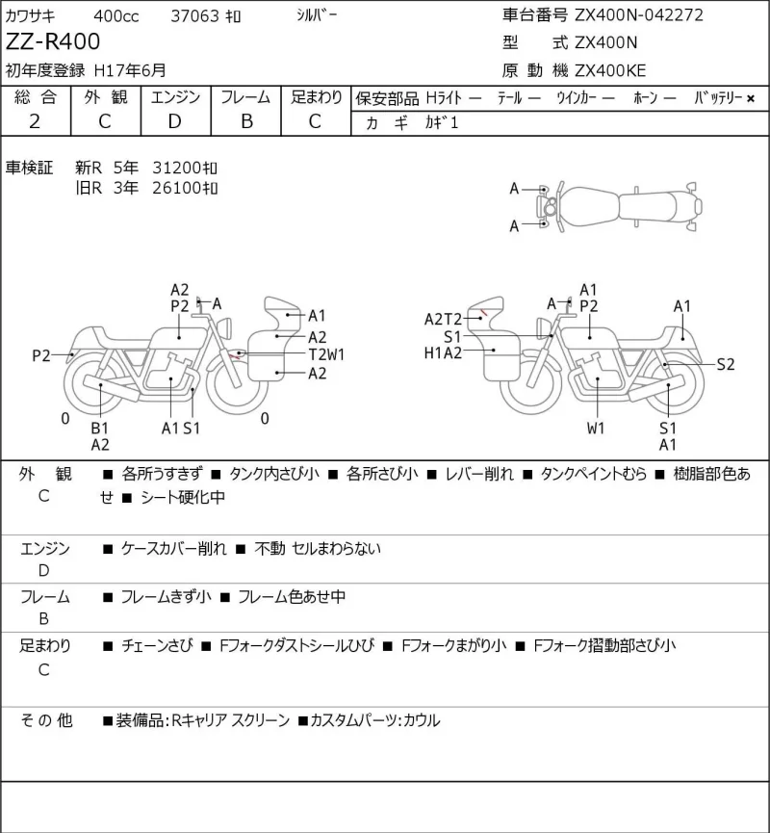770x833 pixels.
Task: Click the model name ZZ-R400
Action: coord(53,41)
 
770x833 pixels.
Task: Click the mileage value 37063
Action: coord(194,16)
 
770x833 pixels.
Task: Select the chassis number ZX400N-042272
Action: coord(639,14)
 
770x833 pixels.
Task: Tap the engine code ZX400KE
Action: coord(610,70)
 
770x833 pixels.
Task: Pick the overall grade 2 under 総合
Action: coord(35,121)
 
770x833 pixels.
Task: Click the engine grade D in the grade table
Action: coord(175,121)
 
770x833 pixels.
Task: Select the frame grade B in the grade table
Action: coord(246,121)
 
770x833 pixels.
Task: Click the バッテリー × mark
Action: coord(751,98)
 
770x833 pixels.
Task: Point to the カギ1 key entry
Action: coord(441,122)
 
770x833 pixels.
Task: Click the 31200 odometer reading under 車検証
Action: coord(184,168)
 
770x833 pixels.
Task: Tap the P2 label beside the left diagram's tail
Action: coord(40,355)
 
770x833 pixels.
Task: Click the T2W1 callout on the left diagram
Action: coord(326,354)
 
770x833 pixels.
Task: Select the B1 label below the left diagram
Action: coord(99,428)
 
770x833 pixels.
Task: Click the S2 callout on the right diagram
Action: coord(726,364)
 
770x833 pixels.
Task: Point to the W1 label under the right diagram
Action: coord(596,428)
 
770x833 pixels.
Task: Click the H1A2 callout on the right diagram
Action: coord(443,352)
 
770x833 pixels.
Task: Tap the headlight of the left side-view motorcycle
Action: coord(224,326)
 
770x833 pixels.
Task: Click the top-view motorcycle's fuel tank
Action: coord(589,206)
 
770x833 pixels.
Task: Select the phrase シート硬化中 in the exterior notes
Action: coord(183,497)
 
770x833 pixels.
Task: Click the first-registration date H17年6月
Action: coord(130,70)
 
